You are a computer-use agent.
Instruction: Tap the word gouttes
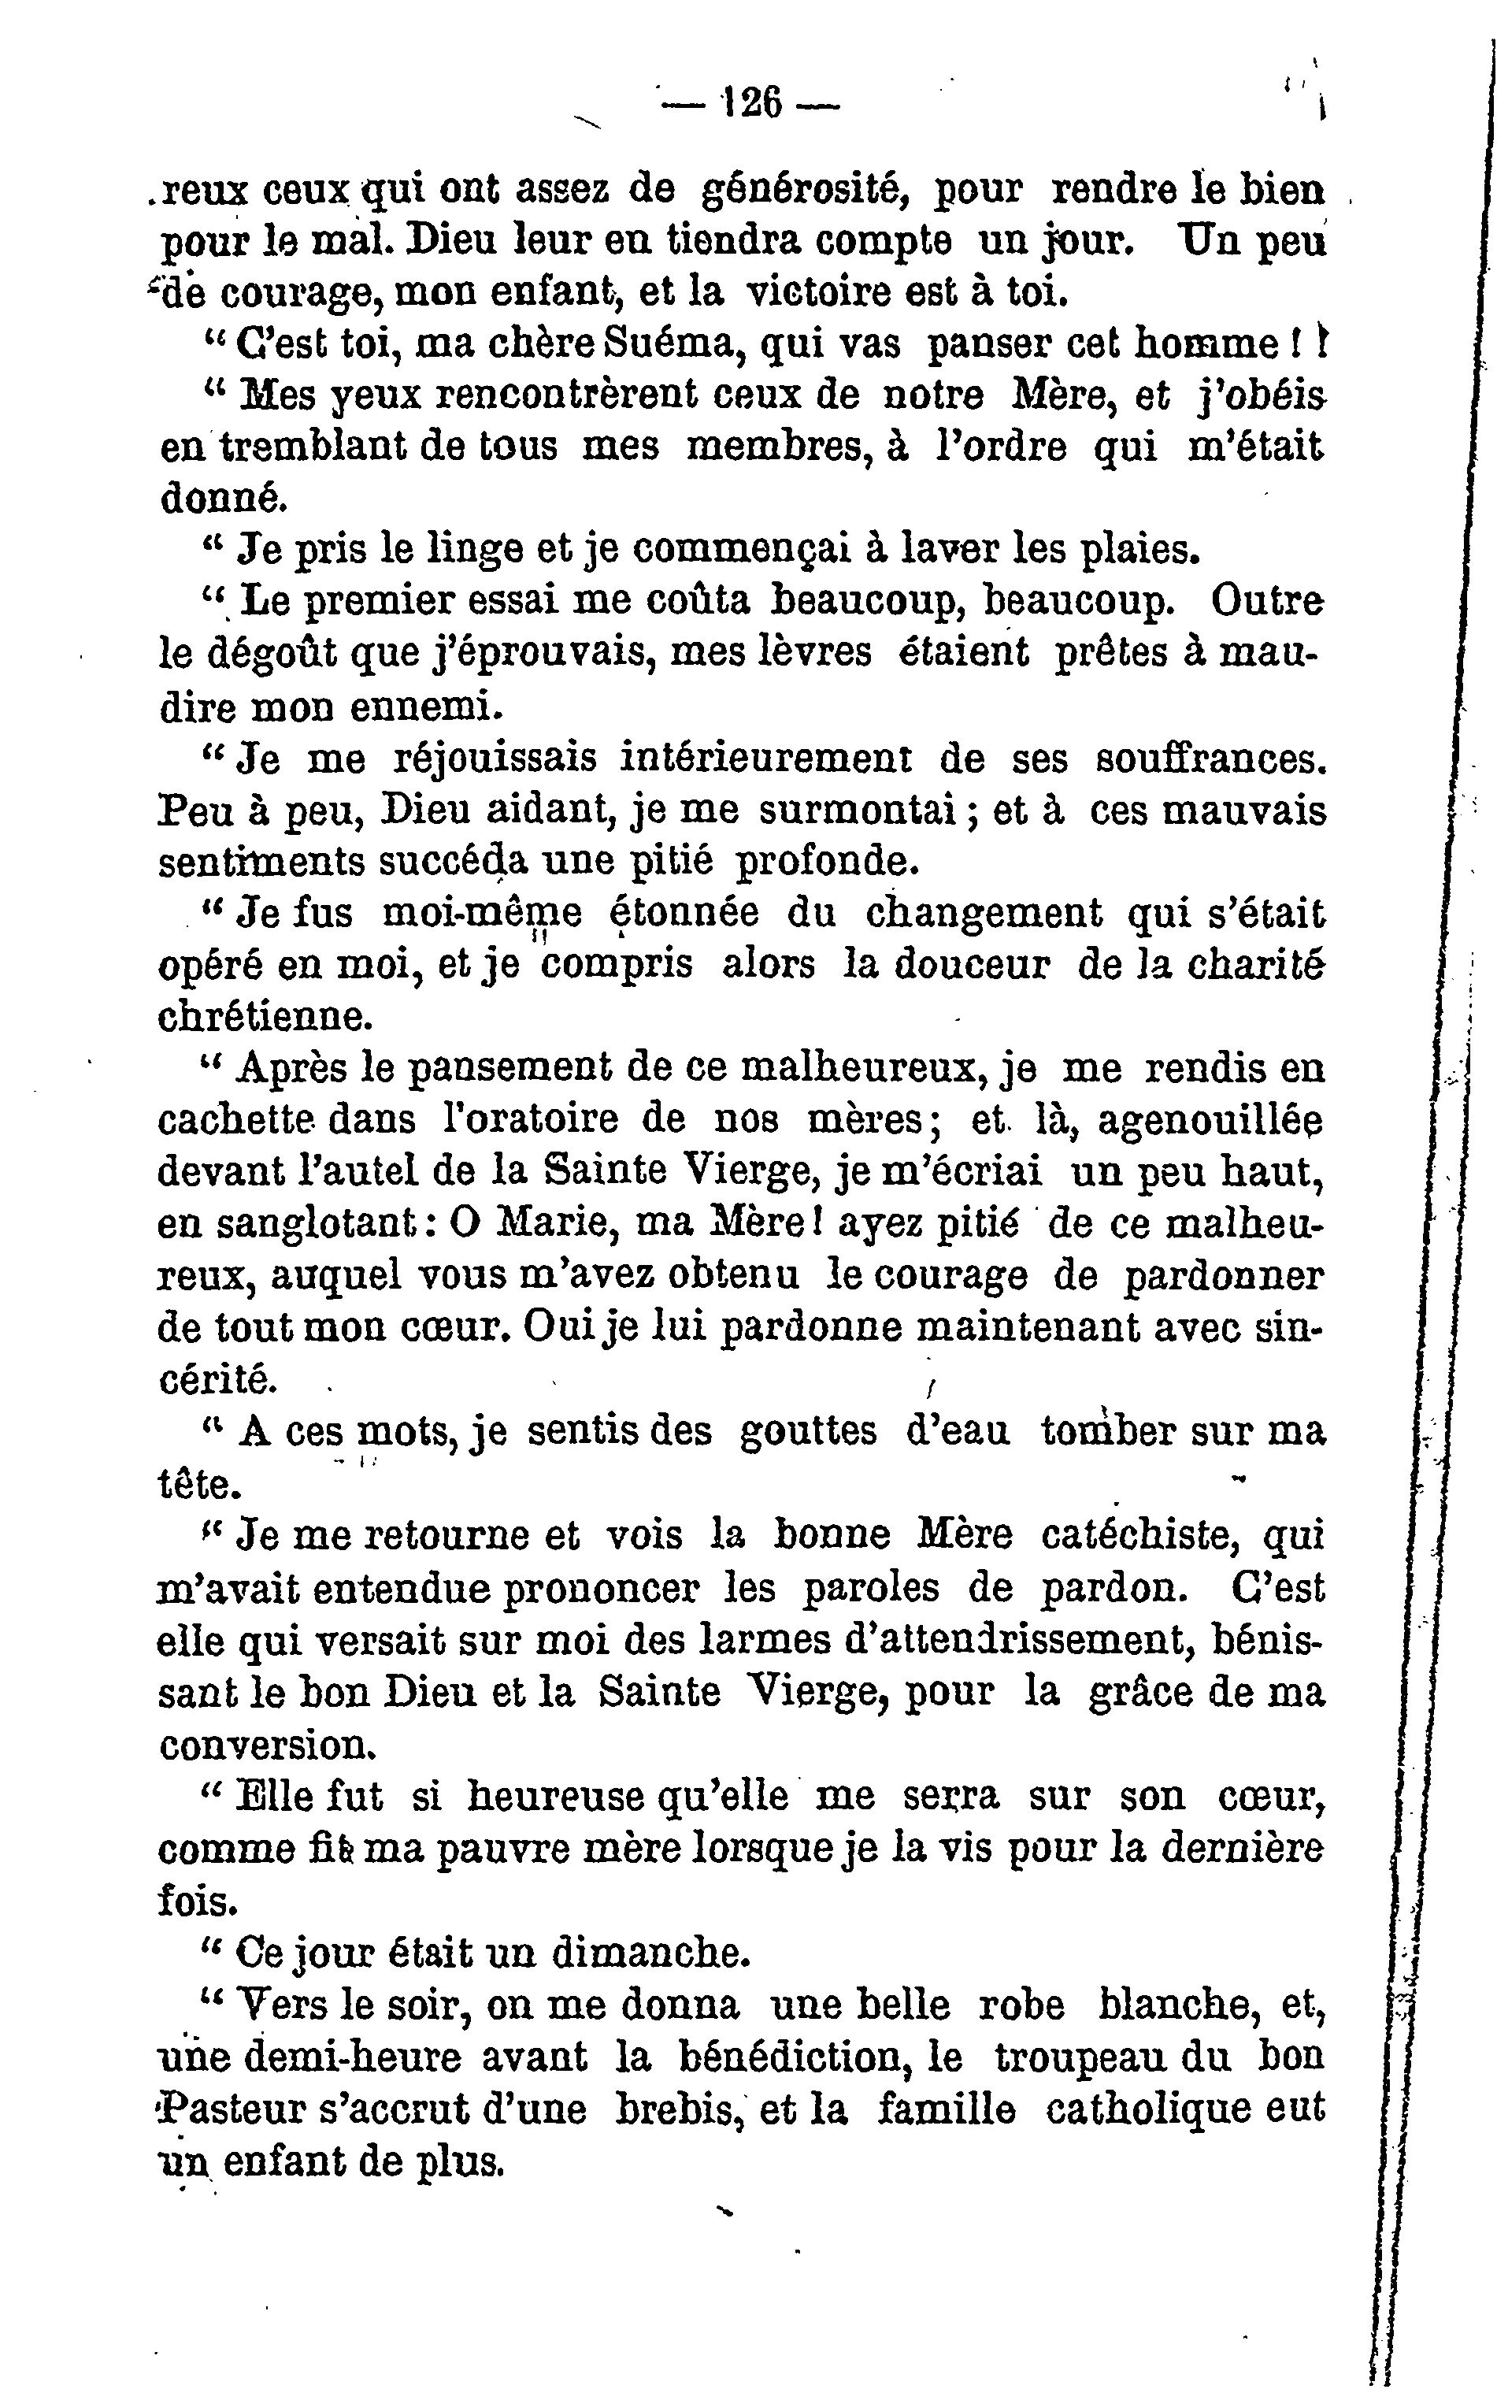point(807,1433)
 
